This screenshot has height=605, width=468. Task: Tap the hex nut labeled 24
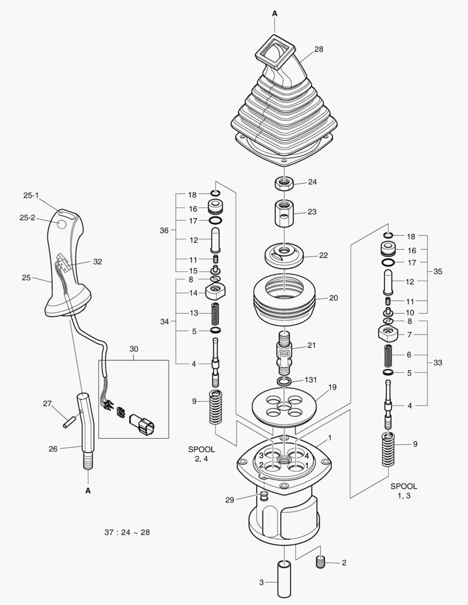284,183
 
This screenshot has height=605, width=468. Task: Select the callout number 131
311,379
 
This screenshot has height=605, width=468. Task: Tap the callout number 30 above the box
133,349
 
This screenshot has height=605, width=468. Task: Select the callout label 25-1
31,195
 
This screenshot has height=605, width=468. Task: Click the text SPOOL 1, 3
404,491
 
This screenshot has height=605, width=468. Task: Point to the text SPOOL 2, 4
201,454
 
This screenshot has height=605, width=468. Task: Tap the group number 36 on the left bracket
164,230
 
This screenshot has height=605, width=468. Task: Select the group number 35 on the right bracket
438,271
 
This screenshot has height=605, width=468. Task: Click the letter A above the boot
275,12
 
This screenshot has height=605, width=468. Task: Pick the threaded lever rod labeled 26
87,431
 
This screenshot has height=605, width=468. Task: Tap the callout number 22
323,255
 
